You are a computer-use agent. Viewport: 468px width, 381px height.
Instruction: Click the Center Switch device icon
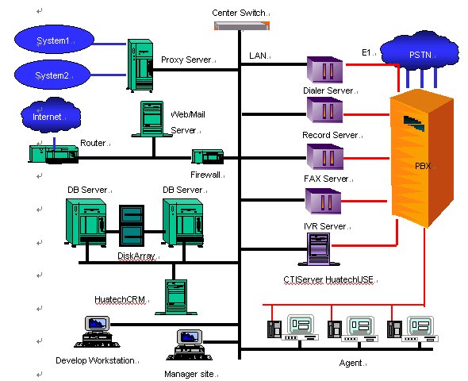point(242,25)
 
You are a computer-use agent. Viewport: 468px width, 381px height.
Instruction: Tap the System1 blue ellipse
point(54,40)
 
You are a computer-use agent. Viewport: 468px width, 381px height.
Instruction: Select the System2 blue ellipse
point(52,75)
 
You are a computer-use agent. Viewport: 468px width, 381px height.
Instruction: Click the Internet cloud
point(51,115)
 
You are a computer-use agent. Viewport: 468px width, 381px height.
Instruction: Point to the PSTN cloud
point(420,53)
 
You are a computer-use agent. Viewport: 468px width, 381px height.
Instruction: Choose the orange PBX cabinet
point(422,158)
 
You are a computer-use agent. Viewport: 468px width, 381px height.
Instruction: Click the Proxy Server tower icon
point(140,65)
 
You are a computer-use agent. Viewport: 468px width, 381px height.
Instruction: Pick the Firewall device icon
point(208,156)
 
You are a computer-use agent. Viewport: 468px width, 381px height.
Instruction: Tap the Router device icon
point(54,154)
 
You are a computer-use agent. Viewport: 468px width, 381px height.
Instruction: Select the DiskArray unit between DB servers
point(132,225)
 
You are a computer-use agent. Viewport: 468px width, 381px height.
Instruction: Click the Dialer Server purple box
point(324,70)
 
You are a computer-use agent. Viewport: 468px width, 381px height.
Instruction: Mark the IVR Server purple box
point(323,201)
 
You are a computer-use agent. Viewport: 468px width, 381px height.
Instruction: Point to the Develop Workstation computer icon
point(97,332)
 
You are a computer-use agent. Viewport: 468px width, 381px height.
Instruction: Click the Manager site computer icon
point(190,344)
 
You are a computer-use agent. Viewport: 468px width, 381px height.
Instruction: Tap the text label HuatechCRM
point(120,299)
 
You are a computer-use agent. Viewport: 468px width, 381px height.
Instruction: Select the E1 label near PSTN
point(366,53)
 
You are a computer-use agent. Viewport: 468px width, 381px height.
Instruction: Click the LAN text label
point(258,56)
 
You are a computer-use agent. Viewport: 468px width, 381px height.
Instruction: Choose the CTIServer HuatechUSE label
point(328,279)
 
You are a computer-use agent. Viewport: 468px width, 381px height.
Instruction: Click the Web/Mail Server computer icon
point(152,119)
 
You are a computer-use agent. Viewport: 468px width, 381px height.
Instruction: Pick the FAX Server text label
point(326,179)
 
